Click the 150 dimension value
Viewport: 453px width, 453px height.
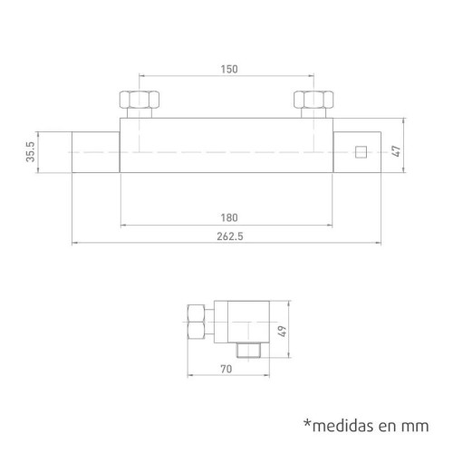point(229,69)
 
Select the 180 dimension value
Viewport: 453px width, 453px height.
point(229,217)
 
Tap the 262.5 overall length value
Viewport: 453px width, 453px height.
point(230,236)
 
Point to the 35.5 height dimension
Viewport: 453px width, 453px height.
point(31,152)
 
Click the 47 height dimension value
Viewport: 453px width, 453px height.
point(396,151)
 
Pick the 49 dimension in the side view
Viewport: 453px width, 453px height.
point(282,332)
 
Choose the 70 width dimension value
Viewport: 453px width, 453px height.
point(226,369)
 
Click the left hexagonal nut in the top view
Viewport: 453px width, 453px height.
point(140,100)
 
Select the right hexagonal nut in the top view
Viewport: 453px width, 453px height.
point(313,100)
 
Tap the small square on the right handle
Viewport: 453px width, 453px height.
point(361,152)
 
